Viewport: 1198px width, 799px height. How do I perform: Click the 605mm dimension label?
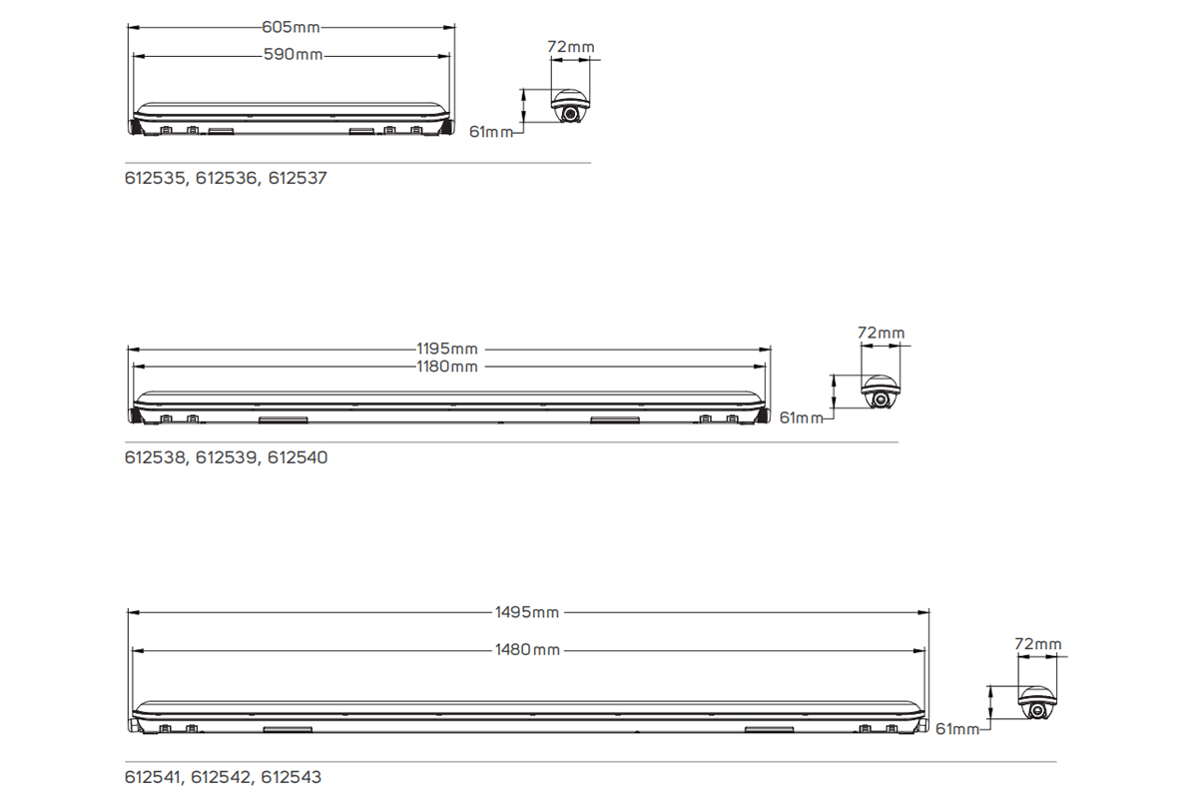292,28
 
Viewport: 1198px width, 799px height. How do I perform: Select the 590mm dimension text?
294,54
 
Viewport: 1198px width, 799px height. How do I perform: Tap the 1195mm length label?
447,350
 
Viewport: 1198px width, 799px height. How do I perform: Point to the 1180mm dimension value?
447,367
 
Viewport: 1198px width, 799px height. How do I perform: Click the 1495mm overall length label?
527,612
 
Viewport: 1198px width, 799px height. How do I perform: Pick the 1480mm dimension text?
527,650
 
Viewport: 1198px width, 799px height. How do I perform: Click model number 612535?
156,179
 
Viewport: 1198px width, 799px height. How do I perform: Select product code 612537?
298,179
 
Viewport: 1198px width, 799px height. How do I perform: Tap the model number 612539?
227,458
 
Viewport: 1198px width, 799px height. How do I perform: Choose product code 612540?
298,458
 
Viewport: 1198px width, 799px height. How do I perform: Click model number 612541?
154,776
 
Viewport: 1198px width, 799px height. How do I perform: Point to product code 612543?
293,776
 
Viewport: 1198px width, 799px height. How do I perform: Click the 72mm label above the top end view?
571,46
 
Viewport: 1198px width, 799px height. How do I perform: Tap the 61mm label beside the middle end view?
801,417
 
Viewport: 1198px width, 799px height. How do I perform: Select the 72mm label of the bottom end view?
1037,644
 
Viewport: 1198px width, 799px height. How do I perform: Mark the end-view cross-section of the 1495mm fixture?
1037,703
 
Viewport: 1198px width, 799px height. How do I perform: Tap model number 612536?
227,179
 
